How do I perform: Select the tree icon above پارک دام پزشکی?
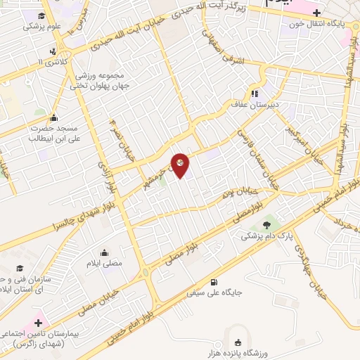click(x=274, y=224)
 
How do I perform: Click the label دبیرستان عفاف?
click(x=255, y=104)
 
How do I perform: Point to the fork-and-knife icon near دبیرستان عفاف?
click(x=255, y=93)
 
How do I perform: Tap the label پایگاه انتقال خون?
click(x=321, y=23)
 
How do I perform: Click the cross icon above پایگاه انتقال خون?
click(x=317, y=12)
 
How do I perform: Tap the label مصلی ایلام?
click(x=104, y=264)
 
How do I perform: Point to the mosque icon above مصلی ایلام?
click(x=104, y=252)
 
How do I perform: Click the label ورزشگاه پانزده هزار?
click(x=238, y=352)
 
